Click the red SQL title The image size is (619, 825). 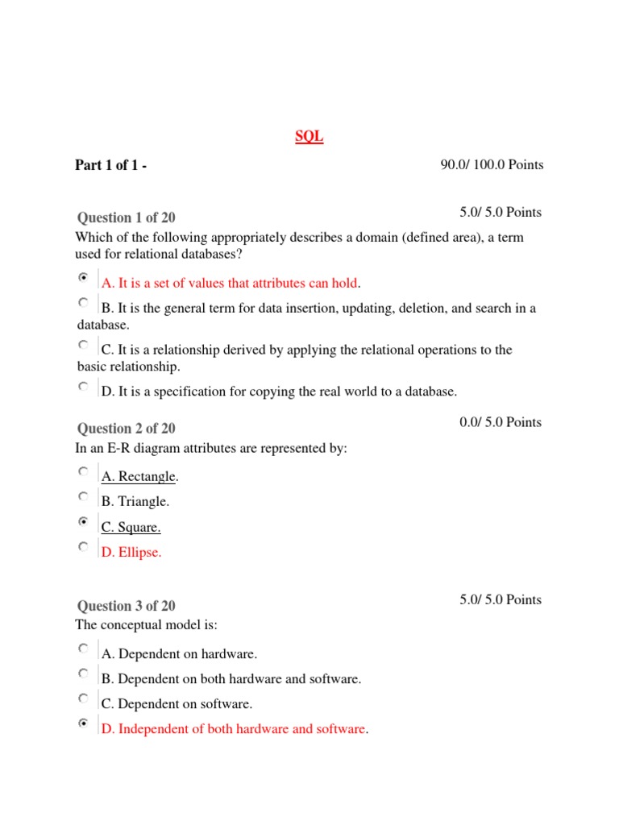tap(309, 137)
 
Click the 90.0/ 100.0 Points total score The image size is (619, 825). tap(492, 165)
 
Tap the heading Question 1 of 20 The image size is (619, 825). tap(126, 218)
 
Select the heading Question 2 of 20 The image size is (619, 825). tap(126, 429)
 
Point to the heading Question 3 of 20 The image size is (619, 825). tap(126, 606)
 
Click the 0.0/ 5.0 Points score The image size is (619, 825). tap(501, 422)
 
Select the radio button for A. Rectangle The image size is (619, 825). tap(84, 471)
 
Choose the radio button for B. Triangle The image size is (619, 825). tap(84, 496)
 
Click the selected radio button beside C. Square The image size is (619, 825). tap(84, 522)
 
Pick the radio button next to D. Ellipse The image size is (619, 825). tap(84, 547)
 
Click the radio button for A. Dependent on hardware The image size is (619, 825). tap(84, 648)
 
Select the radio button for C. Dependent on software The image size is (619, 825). tap(84, 698)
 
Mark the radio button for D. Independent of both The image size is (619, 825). tap(84, 723)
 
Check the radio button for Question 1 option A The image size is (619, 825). tap(84, 277)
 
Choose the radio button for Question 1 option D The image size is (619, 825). tap(84, 386)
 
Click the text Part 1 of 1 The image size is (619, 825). tap(110, 166)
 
